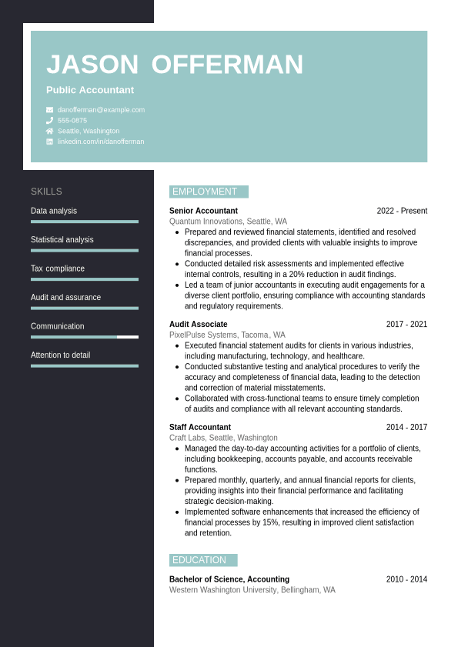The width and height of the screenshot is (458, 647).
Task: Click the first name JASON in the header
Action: point(92,65)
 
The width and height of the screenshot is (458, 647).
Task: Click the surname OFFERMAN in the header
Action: point(227,65)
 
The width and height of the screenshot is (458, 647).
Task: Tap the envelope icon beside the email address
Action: point(49,110)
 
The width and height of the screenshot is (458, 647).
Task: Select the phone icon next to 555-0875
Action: point(49,121)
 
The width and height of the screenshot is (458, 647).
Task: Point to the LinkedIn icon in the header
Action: point(49,142)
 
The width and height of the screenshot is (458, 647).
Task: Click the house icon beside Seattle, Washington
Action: point(49,131)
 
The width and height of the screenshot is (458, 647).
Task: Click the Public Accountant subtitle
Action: point(90,90)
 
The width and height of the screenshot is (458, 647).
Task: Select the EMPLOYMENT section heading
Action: point(205,192)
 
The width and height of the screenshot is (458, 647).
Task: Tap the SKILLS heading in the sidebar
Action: point(46,192)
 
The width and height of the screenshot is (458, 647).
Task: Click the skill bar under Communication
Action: point(85,337)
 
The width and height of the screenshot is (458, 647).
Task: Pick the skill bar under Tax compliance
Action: point(85,279)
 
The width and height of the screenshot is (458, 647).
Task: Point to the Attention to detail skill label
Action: point(60,355)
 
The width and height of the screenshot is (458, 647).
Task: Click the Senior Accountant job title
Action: point(203,211)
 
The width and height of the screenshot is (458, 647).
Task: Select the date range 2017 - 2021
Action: point(406,325)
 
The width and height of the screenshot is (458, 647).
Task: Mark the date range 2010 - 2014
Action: point(406,579)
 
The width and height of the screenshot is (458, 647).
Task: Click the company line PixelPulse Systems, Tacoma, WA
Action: point(227,335)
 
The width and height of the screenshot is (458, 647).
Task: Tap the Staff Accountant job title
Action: point(200,428)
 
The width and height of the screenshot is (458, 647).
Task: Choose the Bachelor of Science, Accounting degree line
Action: point(229,579)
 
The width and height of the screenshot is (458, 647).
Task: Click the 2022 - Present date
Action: point(402,211)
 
